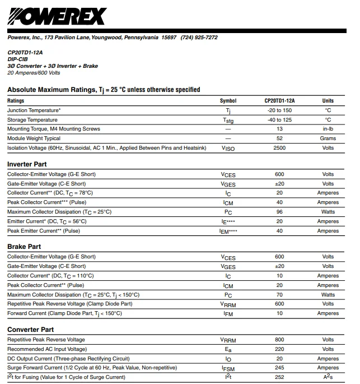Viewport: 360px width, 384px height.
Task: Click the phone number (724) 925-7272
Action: (199, 38)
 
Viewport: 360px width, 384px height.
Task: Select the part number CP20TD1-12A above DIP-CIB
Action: (25, 52)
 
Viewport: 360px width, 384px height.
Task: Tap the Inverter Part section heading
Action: (27, 164)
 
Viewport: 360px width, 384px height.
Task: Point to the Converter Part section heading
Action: (31, 330)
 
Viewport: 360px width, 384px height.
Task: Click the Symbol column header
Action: (228, 101)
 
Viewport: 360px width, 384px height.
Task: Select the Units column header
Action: (328, 101)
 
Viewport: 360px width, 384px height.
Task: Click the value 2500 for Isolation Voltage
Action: (279, 148)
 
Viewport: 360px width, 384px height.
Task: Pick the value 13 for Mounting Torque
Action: (279, 129)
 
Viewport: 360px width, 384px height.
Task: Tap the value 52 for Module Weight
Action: (279, 138)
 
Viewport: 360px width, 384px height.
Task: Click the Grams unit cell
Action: (328, 138)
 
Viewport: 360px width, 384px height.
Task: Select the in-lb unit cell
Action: (328, 129)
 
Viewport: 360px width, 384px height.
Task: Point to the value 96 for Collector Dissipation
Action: (279, 212)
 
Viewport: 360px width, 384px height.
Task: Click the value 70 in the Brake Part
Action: (279, 294)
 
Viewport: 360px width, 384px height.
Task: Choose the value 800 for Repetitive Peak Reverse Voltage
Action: (279, 340)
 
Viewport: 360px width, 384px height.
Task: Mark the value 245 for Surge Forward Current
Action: (279, 368)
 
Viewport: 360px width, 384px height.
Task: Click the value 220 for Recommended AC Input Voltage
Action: (279, 349)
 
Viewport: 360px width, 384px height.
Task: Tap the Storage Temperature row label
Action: (32, 120)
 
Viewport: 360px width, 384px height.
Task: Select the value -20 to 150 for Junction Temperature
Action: (279, 110)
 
